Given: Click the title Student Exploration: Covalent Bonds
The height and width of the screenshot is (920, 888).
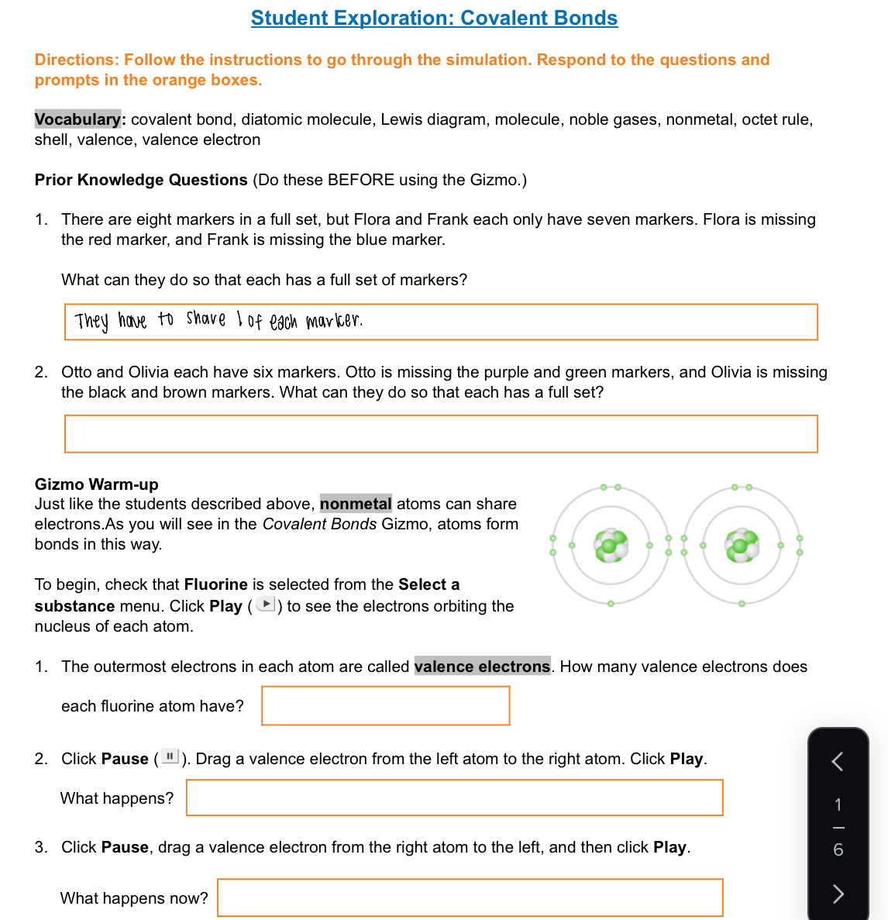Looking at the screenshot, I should [434, 18].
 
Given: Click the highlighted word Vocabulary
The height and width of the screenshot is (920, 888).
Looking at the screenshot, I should [77, 119].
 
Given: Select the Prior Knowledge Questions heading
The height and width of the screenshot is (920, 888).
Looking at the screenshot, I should [141, 180].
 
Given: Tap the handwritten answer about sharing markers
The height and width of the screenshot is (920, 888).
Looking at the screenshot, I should [219, 320].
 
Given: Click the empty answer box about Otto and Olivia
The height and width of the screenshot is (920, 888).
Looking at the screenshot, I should [440, 434].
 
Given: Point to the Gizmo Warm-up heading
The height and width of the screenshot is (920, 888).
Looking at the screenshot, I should [96, 484].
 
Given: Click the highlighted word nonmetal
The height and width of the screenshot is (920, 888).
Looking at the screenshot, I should [356, 504].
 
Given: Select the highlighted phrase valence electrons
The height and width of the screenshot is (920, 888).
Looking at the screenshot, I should [482, 667].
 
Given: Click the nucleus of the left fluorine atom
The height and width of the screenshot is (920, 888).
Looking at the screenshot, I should [611, 546].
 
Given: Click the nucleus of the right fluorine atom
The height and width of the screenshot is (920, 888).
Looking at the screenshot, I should [742, 546].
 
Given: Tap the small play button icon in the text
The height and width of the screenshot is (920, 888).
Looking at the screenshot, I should [266, 605].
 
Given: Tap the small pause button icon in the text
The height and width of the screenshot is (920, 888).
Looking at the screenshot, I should [170, 756].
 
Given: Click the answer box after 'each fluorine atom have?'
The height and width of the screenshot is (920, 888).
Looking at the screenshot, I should [385, 706].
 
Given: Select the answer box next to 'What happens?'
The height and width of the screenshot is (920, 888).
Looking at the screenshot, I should [454, 798].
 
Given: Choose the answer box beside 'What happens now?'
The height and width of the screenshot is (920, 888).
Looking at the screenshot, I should [470, 898].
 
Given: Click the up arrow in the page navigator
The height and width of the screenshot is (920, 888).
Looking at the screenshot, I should [838, 761].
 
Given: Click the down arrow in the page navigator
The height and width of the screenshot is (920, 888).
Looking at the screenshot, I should [838, 894].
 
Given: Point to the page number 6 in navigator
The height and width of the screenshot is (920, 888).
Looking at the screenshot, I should [838, 850].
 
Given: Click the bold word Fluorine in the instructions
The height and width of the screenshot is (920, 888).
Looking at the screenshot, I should [215, 584].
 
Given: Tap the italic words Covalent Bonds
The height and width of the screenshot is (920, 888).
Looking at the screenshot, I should [319, 524].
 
